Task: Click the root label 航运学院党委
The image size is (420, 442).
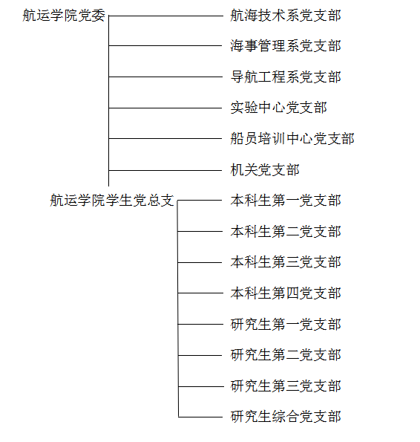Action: [x=64, y=16]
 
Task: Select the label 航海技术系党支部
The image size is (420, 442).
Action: [x=286, y=16]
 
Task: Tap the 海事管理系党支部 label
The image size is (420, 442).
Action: [x=286, y=45]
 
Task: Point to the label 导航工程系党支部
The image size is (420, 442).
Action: [x=286, y=77]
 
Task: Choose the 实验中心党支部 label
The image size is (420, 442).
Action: [x=279, y=108]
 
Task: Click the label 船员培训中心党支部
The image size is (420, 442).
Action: [x=292, y=139]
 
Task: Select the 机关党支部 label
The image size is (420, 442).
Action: [x=265, y=170]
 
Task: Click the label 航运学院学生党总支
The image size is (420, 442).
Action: [x=112, y=201]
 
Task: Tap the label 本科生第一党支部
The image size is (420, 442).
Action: [x=286, y=201]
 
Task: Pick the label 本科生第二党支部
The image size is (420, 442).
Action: [x=286, y=232]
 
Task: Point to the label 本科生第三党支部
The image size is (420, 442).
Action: [x=286, y=262]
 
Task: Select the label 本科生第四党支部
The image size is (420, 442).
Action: [x=286, y=293]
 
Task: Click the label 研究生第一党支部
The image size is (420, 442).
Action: [x=286, y=324]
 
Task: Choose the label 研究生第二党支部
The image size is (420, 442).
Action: [x=286, y=355]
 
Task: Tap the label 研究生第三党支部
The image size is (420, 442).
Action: [x=286, y=386]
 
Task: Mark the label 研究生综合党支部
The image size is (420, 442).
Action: [x=286, y=417]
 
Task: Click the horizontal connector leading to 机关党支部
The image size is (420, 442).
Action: [x=165, y=170]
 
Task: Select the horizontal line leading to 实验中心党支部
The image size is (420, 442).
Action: [x=165, y=108]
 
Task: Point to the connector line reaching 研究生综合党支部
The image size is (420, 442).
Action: [x=200, y=417]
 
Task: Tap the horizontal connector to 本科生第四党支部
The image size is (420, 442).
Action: [x=200, y=293]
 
